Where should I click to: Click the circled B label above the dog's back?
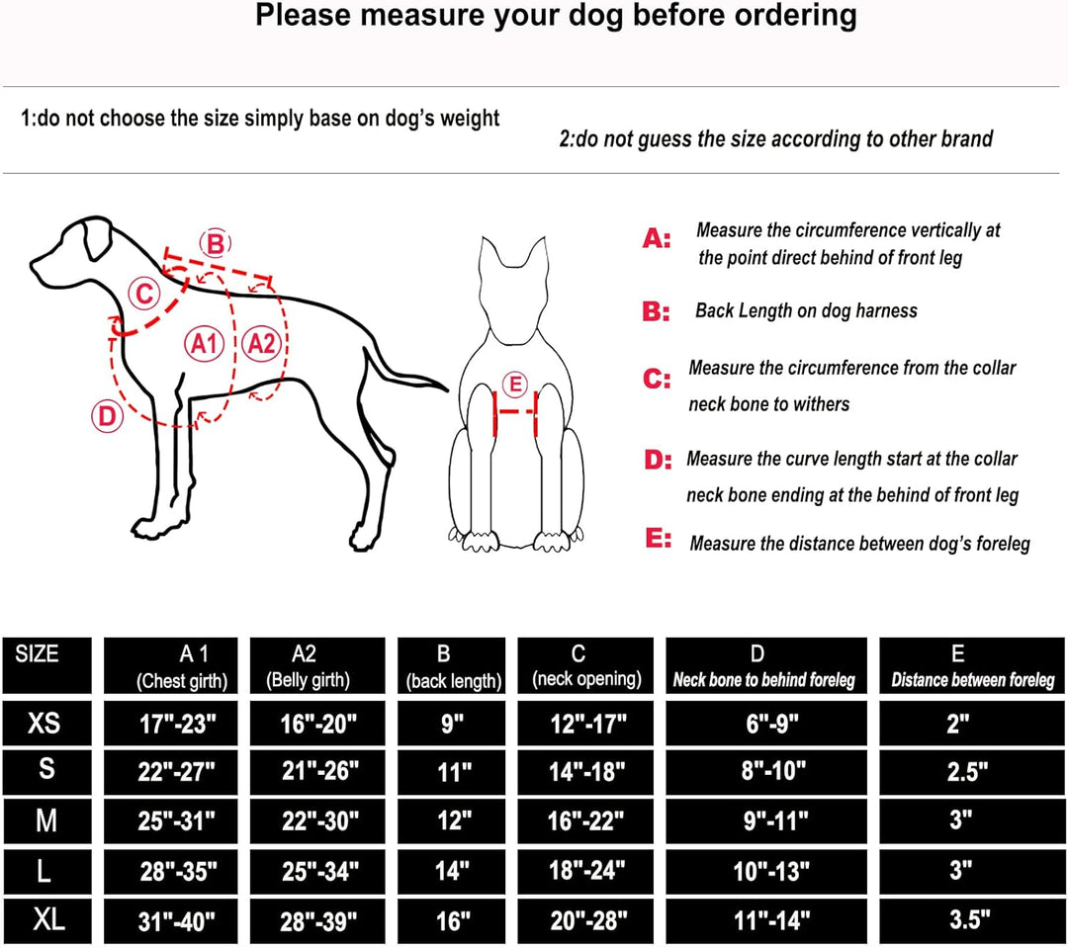pos(216,244)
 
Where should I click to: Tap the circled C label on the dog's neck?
pos(144,295)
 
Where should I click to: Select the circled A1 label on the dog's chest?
pos(205,344)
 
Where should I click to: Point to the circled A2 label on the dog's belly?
pos(262,343)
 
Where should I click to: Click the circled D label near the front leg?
pos(108,415)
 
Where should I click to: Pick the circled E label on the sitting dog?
pos(515,384)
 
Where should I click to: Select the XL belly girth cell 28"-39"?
pos(317,921)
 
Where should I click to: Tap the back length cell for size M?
pos(452,821)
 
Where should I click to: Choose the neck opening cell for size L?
pos(585,871)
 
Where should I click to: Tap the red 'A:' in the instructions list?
pos(657,239)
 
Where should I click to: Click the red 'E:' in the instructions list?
pos(659,539)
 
